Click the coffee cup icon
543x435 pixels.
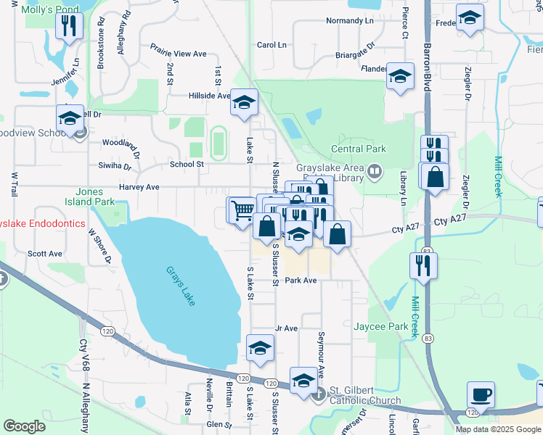tap(481, 395)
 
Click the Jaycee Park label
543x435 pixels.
tap(380, 327)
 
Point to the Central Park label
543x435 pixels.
tap(359, 149)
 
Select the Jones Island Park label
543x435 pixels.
tap(94, 196)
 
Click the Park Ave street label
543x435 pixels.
tap(301, 280)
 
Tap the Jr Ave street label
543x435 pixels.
tap(287, 328)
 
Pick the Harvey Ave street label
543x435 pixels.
tap(139, 186)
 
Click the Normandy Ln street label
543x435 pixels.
tap(348, 20)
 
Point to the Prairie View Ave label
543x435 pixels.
tap(179, 54)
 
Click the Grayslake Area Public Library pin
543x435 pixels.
tap(375, 172)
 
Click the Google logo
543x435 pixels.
tap(25, 426)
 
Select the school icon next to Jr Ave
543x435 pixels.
tap(260, 348)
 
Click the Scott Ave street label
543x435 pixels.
tap(45, 254)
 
